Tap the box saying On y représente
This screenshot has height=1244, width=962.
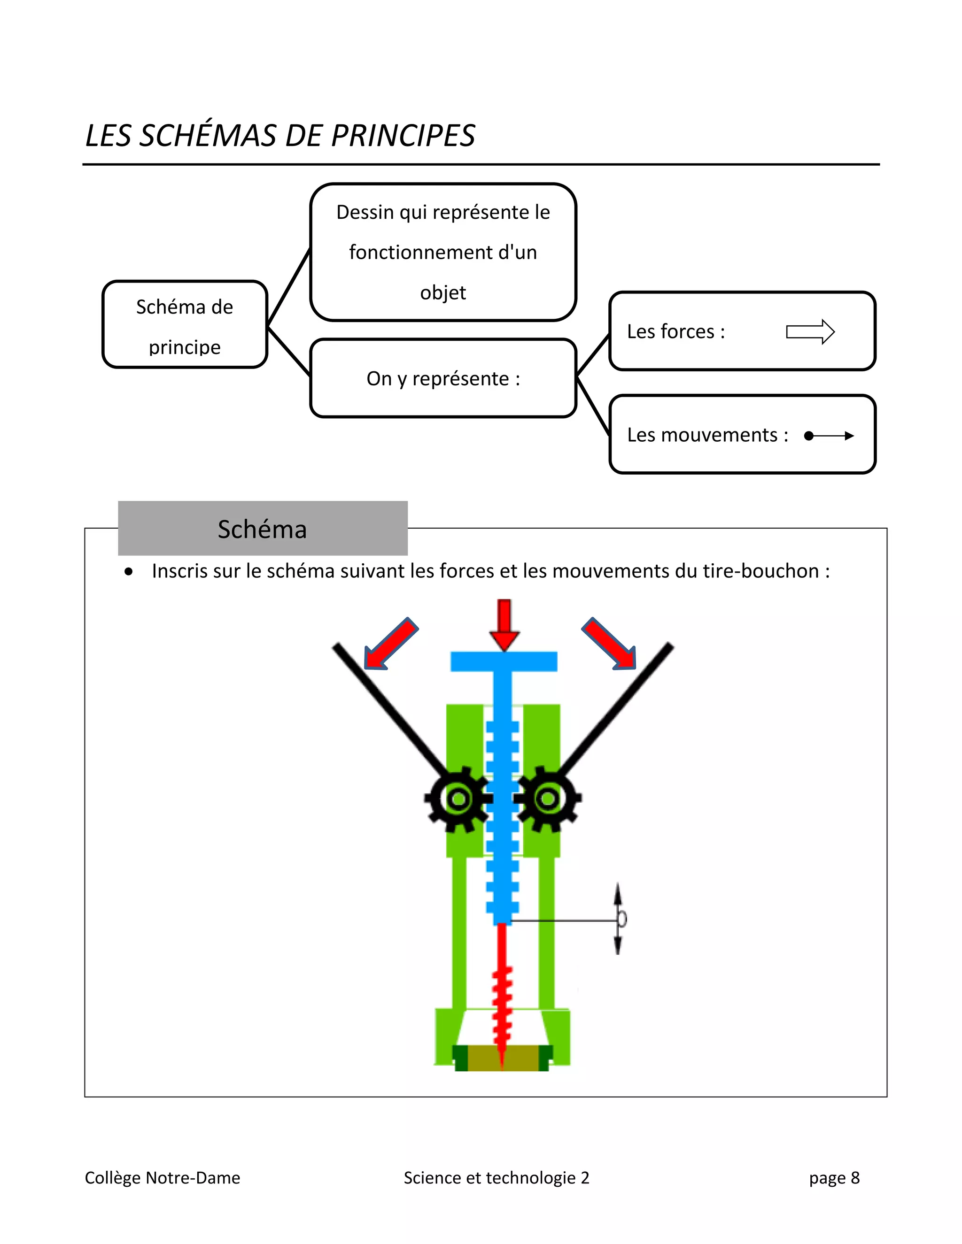pos(443,379)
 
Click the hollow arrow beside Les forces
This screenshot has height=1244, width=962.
pos(810,331)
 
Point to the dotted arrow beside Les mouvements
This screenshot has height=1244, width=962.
pos(829,436)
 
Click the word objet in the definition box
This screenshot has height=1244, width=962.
pos(443,293)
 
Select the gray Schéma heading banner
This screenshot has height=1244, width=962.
pos(263,529)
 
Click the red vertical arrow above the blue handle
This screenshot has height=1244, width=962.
pos(504,624)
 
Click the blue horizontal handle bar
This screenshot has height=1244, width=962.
pos(504,661)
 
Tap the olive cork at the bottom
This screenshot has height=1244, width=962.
pos(502,1058)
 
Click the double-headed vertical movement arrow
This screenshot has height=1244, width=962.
pos(618,918)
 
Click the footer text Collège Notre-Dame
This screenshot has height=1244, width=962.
pos(163,1177)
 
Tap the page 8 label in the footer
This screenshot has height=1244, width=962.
pos(834,1177)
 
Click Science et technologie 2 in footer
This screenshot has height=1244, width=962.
pos(497,1177)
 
